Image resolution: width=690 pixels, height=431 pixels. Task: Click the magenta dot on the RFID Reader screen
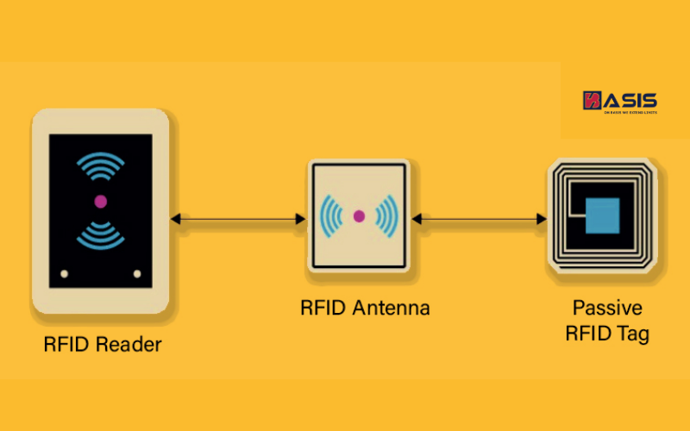click(100, 201)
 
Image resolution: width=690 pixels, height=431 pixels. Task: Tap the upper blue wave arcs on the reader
click(100, 167)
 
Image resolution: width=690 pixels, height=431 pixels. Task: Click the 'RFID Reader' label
click(103, 346)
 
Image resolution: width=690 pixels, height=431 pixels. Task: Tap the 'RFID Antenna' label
click(365, 308)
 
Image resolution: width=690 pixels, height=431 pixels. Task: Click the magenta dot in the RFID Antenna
click(359, 215)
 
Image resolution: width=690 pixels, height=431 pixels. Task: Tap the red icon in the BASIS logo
click(592, 100)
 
